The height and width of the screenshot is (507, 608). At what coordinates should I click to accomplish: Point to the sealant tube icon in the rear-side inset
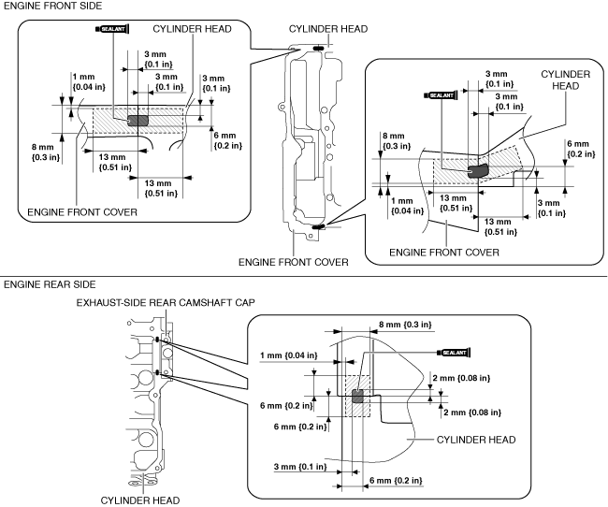tap(453, 351)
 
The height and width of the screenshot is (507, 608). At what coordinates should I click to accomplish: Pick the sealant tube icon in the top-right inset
tap(442, 94)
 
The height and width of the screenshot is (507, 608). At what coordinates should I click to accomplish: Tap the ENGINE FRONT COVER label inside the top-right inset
tap(443, 252)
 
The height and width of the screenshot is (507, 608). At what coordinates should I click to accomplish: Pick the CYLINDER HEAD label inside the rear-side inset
tap(477, 439)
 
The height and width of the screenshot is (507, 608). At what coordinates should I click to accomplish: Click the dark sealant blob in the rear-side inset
tap(357, 397)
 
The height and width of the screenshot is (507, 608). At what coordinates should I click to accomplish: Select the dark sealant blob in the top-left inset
tap(138, 119)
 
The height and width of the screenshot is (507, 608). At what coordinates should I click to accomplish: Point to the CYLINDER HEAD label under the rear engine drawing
tap(139, 500)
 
